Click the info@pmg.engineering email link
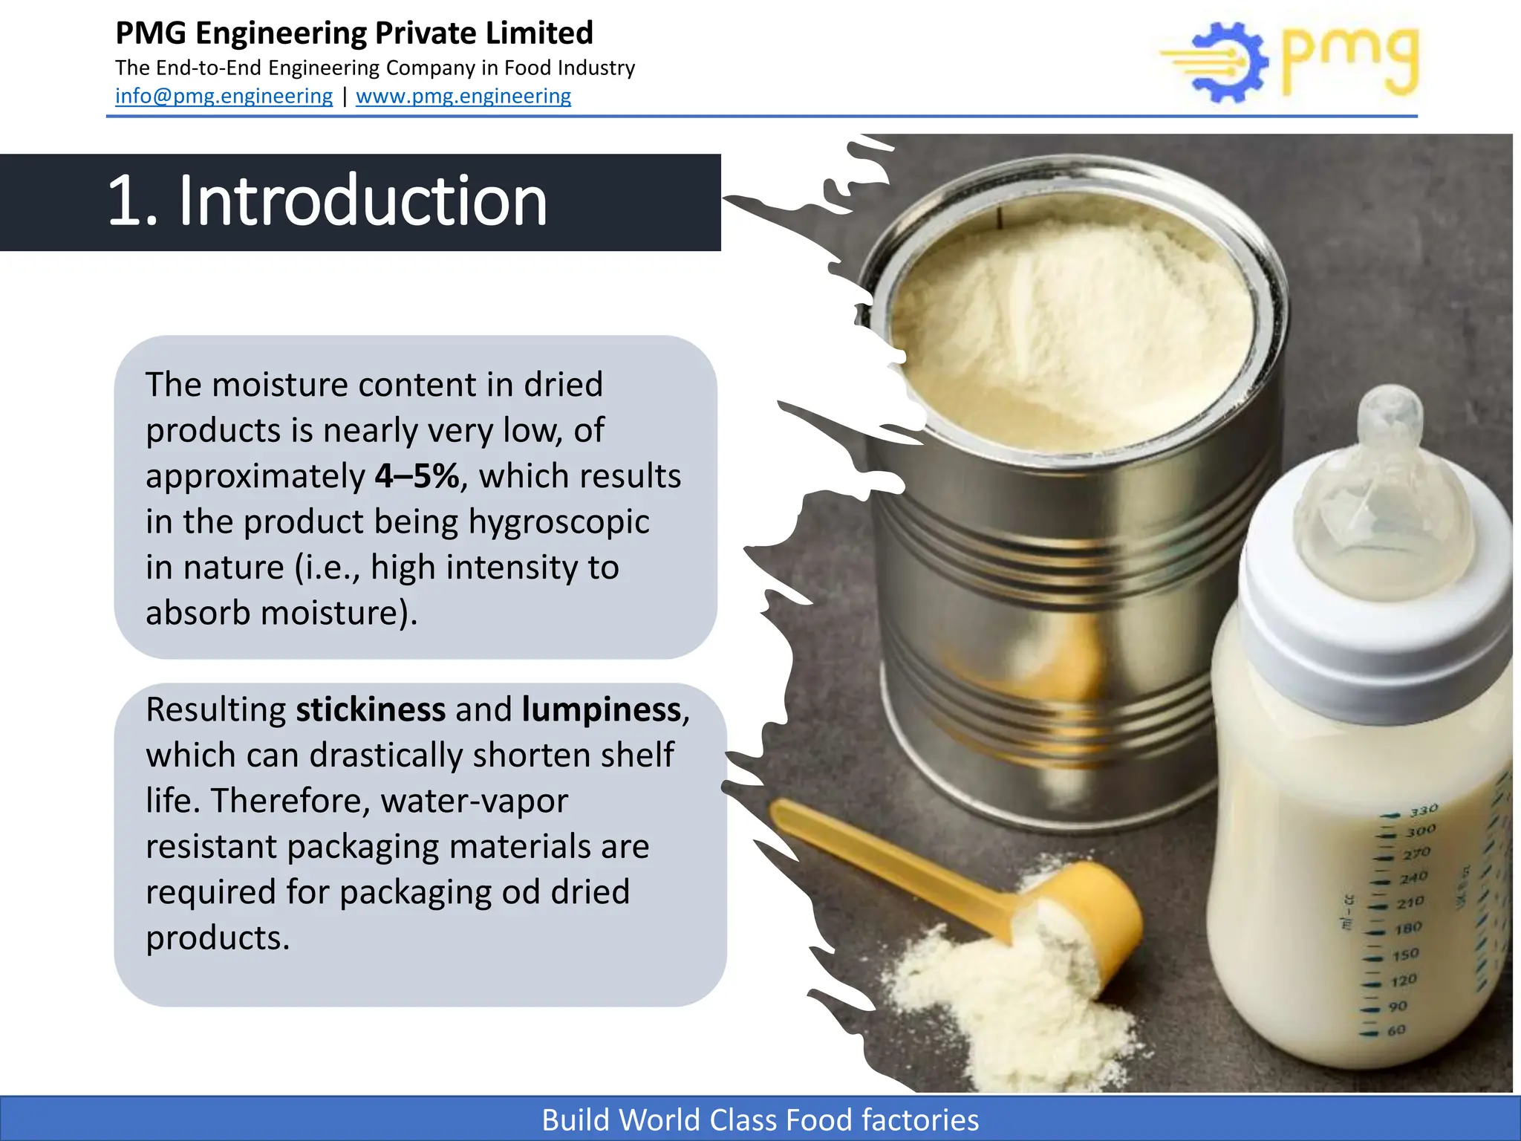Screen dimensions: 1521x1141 [224, 97]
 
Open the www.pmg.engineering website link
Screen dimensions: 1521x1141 [463, 97]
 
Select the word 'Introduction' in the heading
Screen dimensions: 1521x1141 [363, 201]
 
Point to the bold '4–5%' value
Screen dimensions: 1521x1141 [417, 476]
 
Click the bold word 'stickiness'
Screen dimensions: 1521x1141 [371, 709]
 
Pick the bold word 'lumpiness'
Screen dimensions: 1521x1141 [602, 709]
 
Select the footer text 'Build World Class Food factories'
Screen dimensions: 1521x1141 [760, 1120]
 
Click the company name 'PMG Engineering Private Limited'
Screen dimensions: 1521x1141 [354, 34]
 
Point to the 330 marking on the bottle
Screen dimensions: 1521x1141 [1424, 810]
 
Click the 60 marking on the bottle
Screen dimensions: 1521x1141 [1396, 1031]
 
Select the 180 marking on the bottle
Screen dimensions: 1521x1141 [1408, 929]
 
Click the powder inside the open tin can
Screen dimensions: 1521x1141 [1069, 334]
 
